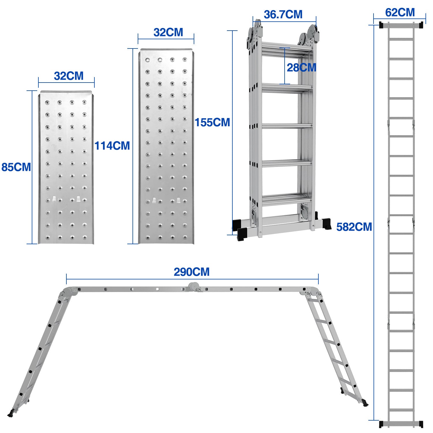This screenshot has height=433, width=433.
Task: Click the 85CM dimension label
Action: (16, 167)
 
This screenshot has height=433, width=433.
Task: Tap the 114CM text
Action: (112, 146)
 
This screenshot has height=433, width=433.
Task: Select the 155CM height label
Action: (212, 122)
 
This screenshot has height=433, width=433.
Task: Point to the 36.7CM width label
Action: (283, 14)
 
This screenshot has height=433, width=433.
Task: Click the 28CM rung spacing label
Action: (301, 68)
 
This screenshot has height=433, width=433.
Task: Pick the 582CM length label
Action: (354, 227)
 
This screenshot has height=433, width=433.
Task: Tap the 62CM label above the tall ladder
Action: (400, 13)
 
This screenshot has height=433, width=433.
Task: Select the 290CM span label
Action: (192, 272)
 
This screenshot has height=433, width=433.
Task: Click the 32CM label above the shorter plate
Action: (68, 76)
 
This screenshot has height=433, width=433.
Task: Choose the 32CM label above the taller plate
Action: (168, 32)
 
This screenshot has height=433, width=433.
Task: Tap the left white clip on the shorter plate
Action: (54, 199)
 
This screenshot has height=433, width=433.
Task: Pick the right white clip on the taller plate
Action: (179, 200)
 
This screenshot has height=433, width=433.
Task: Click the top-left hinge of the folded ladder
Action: (255, 35)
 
